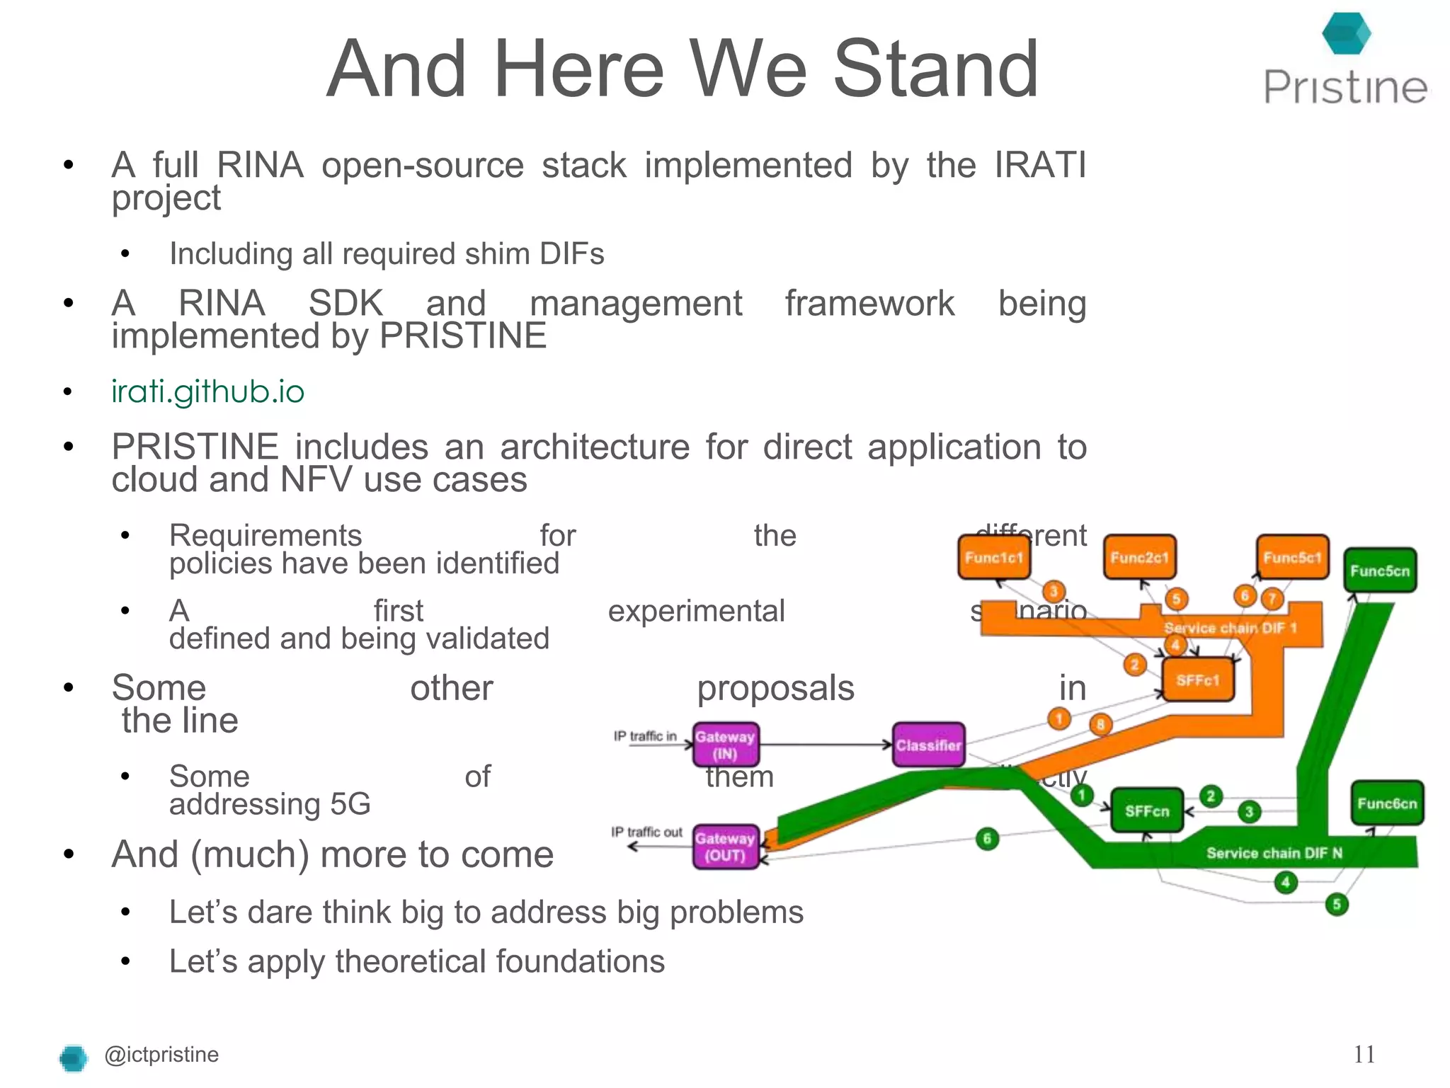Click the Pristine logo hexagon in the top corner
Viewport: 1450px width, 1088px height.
tap(1346, 34)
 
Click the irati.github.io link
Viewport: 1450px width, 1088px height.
tap(207, 391)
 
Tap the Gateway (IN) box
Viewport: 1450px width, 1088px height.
tap(725, 745)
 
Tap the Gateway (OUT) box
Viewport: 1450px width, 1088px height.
tap(725, 847)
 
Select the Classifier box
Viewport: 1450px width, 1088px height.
tap(928, 745)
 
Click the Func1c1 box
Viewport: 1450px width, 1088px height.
tap(993, 557)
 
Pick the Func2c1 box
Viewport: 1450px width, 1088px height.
tap(1139, 557)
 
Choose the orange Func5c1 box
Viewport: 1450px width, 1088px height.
tap(1292, 557)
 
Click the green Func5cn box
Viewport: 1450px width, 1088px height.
tap(1380, 571)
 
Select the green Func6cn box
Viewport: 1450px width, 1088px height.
tap(1387, 803)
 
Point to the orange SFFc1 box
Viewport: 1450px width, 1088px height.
tap(1198, 680)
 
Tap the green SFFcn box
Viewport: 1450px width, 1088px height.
tap(1147, 811)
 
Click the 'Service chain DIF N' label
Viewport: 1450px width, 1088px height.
tap(1274, 853)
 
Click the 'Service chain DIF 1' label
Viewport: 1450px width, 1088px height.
tap(1230, 628)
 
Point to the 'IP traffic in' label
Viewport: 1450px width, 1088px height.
tap(645, 736)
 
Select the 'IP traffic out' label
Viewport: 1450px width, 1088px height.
tap(646, 832)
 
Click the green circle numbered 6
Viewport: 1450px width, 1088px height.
tap(987, 839)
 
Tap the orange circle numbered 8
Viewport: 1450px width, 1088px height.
tap(1100, 724)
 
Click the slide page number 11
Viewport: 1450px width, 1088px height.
tap(1364, 1055)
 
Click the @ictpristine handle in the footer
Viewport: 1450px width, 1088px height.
tap(161, 1055)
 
